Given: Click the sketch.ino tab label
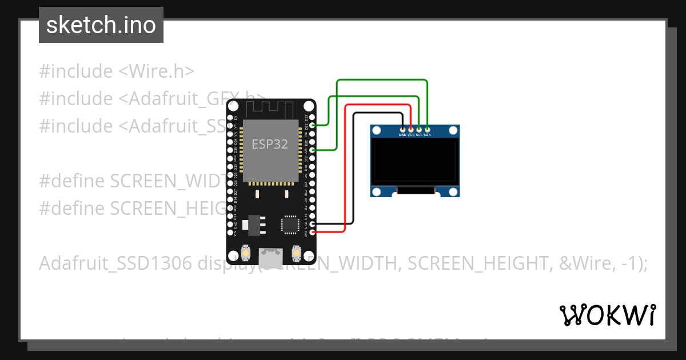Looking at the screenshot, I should pyautogui.click(x=101, y=25).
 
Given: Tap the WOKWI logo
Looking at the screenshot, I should pyautogui.click(x=607, y=315).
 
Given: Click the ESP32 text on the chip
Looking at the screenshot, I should pyautogui.click(x=270, y=144).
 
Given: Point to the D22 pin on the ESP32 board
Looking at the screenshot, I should pyautogui.click(x=312, y=125).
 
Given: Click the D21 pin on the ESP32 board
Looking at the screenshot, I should pyautogui.click(x=312, y=150).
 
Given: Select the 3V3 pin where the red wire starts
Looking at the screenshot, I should pyautogui.click(x=312, y=232).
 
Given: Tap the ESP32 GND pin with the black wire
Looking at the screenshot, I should pyautogui.click(x=312, y=224).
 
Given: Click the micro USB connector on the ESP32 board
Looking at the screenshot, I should pyautogui.click(x=270, y=258).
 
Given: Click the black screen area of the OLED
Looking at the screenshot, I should pyautogui.click(x=414, y=161).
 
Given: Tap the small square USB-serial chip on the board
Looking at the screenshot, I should pyautogui.click(x=289, y=224).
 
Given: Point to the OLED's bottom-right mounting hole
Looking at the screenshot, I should pyautogui.click(x=453, y=191).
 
